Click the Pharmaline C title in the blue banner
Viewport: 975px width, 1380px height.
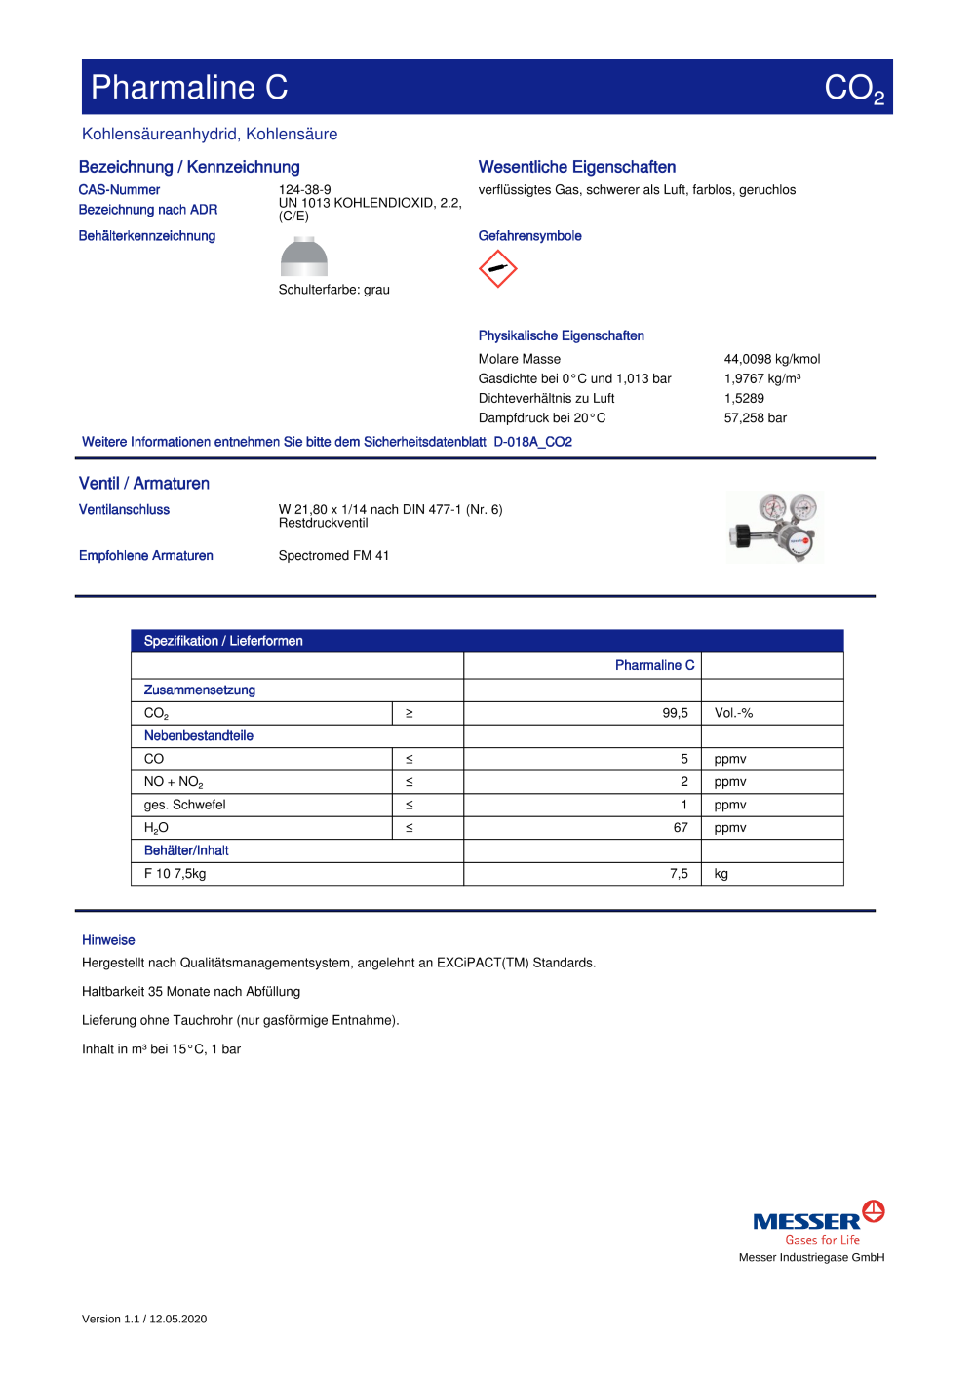tap(189, 88)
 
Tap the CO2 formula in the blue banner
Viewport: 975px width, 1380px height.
tap(853, 89)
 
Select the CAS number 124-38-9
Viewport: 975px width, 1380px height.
tap(304, 190)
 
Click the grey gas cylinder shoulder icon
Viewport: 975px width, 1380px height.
tap(304, 257)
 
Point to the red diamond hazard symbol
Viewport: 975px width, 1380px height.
tap(497, 269)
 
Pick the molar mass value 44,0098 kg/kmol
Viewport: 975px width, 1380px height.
tap(772, 359)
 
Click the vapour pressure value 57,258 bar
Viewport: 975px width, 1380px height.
tap(755, 418)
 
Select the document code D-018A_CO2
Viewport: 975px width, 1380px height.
tap(532, 442)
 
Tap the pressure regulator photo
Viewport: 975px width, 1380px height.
tap(775, 528)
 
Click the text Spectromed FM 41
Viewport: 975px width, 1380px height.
tap(333, 556)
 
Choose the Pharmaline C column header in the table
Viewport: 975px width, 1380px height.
tap(654, 665)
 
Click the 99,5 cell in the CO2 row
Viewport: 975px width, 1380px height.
tap(675, 713)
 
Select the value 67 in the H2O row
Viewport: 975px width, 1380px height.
tap(681, 828)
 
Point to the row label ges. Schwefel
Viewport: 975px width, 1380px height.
tap(184, 805)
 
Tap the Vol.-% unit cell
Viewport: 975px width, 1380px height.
tap(733, 713)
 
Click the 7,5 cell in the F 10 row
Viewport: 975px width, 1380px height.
tap(679, 874)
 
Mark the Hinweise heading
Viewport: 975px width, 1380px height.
tap(108, 940)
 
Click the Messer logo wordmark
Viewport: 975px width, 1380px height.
tap(806, 1222)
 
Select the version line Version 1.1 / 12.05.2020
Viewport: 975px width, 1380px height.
tap(144, 1319)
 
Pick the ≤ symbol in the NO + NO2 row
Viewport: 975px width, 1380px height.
tap(409, 782)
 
